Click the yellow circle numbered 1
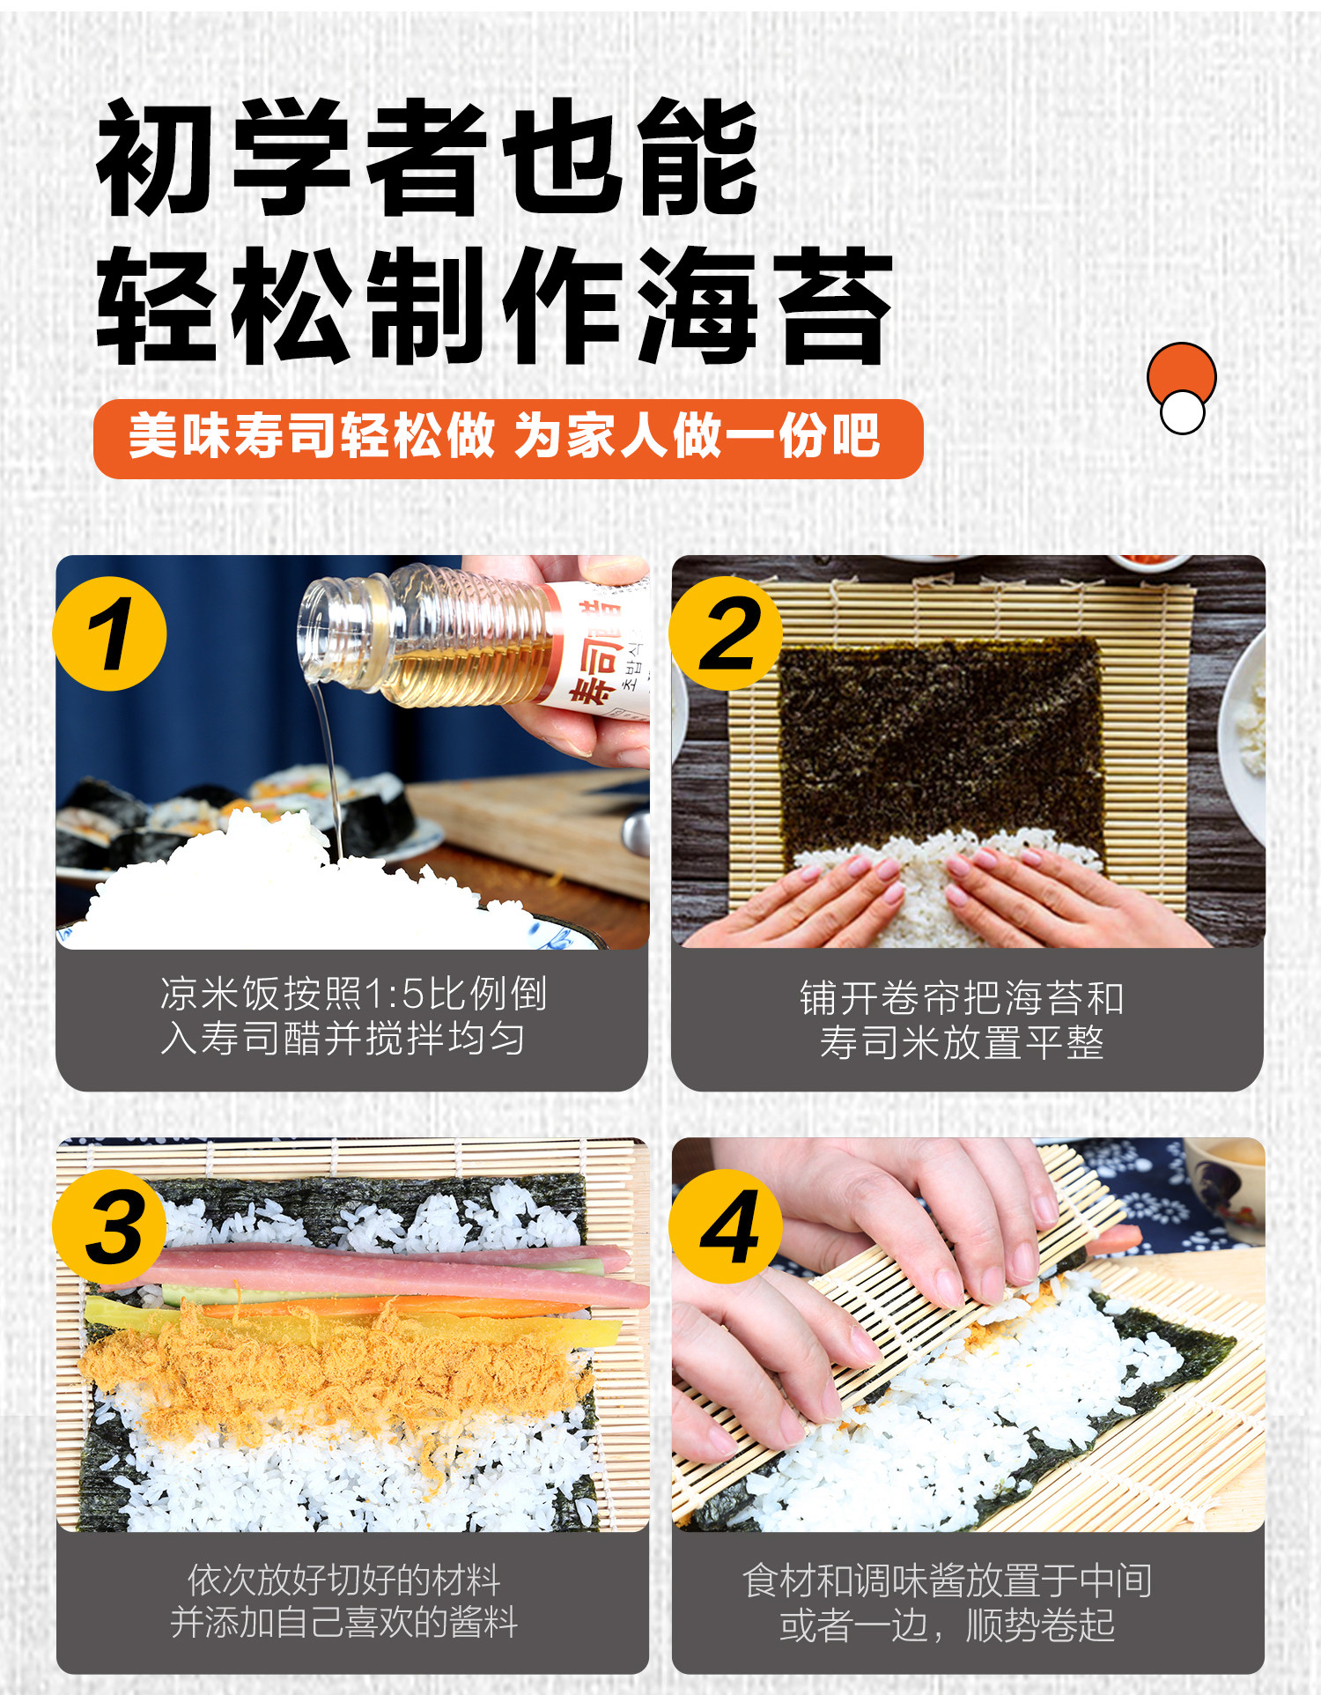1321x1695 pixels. [x=109, y=633]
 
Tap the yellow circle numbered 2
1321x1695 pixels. [x=726, y=633]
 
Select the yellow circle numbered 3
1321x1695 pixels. [x=109, y=1227]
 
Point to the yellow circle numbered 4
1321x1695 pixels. [x=726, y=1227]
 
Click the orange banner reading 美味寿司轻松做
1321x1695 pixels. [x=508, y=439]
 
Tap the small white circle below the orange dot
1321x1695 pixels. [x=1182, y=411]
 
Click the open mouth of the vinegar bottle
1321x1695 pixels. [x=318, y=629]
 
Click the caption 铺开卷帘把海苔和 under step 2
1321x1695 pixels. [x=962, y=998]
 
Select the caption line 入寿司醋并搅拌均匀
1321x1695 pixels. [x=343, y=1038]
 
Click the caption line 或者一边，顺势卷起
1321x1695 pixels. [x=948, y=1625]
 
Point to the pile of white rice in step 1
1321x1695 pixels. [x=291, y=890]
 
